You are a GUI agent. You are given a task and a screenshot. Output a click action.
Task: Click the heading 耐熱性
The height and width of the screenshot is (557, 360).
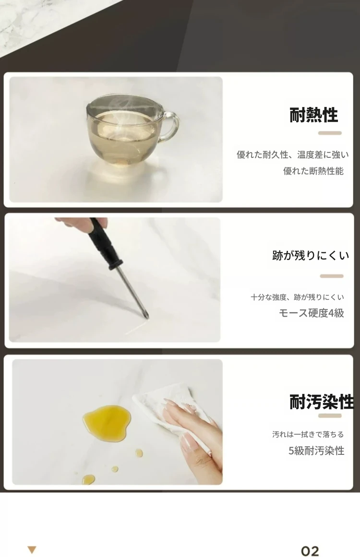(313, 115)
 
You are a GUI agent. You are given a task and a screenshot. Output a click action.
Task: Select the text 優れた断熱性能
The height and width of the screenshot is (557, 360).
(313, 171)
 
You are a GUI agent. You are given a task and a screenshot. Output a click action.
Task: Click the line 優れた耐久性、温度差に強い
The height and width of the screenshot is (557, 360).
(292, 155)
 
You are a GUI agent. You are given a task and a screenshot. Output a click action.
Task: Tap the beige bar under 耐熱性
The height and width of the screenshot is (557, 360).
(330, 133)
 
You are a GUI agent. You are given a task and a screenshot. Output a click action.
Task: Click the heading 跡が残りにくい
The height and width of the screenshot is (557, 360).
(311, 255)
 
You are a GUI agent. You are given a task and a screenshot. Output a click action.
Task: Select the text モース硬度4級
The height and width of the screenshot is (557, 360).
(312, 313)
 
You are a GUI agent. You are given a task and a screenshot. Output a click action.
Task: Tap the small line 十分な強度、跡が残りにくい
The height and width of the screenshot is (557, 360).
(297, 297)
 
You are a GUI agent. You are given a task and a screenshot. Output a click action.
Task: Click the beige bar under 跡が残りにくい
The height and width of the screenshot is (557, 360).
(332, 276)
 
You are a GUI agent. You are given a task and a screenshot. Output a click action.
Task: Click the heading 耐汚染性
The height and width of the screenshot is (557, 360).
(321, 402)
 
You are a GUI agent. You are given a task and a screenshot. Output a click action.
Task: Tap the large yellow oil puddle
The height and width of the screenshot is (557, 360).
(107, 421)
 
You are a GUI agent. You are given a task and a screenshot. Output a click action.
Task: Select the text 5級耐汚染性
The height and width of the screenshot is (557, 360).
(316, 451)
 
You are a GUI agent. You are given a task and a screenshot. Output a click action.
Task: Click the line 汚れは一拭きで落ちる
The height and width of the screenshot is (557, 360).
(308, 435)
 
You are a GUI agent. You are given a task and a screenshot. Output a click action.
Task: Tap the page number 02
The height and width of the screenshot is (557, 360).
(310, 551)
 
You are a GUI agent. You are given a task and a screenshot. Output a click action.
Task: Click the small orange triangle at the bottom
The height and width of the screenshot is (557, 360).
(32, 550)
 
